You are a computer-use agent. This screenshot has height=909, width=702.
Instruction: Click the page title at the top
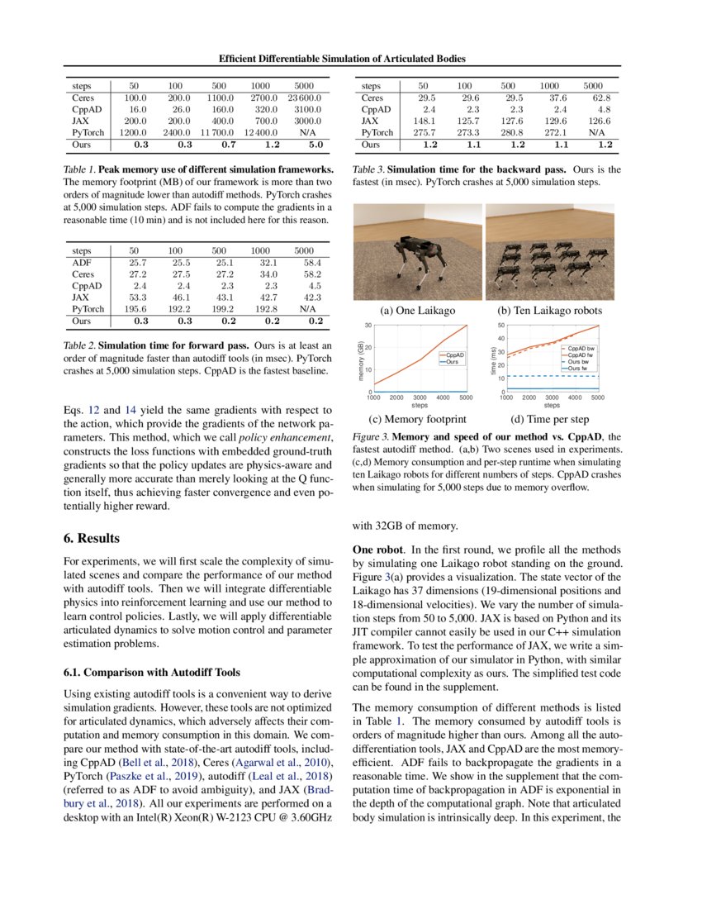pos(342,59)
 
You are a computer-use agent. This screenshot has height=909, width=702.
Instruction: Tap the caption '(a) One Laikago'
pos(416,311)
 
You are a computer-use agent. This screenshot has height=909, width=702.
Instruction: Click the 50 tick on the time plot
pos(500,326)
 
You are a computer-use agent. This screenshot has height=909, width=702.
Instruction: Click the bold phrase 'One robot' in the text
pos(378,550)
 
